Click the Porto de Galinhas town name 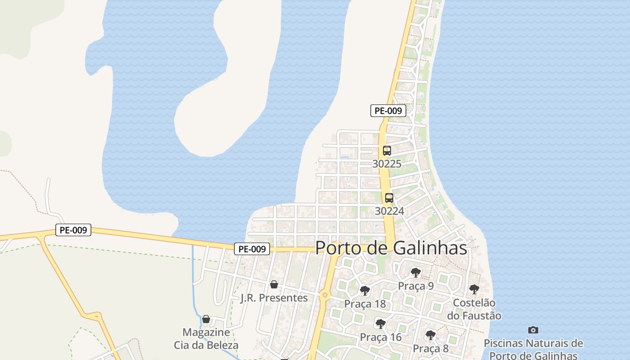pos(391,248)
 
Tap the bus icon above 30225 pos(387,151)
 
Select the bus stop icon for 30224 pos(389,198)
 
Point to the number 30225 pos(387,164)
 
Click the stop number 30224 pos(389,211)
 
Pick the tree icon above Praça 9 pos(416,272)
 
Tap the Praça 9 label pos(416,286)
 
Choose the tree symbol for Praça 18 pos(365,290)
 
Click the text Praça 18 pos(365,304)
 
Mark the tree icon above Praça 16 pos(381,324)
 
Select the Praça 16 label pos(381,337)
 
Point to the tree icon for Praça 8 pos(431,335)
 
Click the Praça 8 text pos(431,348)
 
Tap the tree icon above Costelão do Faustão pos(474,289)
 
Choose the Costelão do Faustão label pos(474,309)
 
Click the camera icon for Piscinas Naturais pos(533,330)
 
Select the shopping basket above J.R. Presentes pos(274,284)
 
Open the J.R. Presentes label pos(274,298)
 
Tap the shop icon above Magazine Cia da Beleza pos(206,319)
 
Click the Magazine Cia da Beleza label pos(206,339)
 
